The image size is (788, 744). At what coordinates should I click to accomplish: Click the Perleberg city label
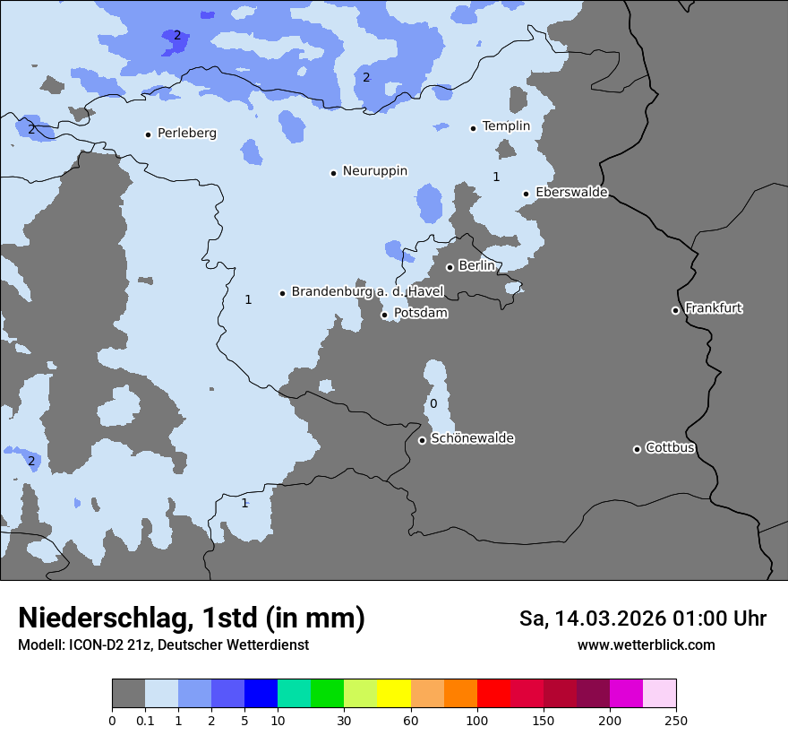186,134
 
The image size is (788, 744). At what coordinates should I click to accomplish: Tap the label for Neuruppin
374,171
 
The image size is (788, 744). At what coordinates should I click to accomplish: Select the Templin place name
506,126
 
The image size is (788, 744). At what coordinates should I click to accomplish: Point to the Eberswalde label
571,193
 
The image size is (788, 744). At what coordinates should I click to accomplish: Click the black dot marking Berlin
450,267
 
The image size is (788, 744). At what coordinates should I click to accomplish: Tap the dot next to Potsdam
385,315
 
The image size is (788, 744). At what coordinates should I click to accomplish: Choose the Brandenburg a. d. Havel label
367,292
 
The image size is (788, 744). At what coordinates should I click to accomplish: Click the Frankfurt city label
713,308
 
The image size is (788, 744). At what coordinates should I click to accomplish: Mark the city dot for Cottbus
637,449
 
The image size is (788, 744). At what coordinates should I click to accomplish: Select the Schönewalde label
472,438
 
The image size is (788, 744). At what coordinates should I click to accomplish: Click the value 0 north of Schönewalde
433,404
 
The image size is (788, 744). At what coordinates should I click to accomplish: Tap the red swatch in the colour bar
493,694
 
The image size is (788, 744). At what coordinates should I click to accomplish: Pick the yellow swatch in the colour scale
394,694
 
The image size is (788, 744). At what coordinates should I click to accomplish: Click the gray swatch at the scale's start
128,694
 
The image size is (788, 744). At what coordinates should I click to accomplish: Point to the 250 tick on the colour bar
676,720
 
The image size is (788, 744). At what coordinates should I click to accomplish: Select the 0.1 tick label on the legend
144,720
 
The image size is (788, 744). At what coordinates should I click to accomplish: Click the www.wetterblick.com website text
646,645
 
